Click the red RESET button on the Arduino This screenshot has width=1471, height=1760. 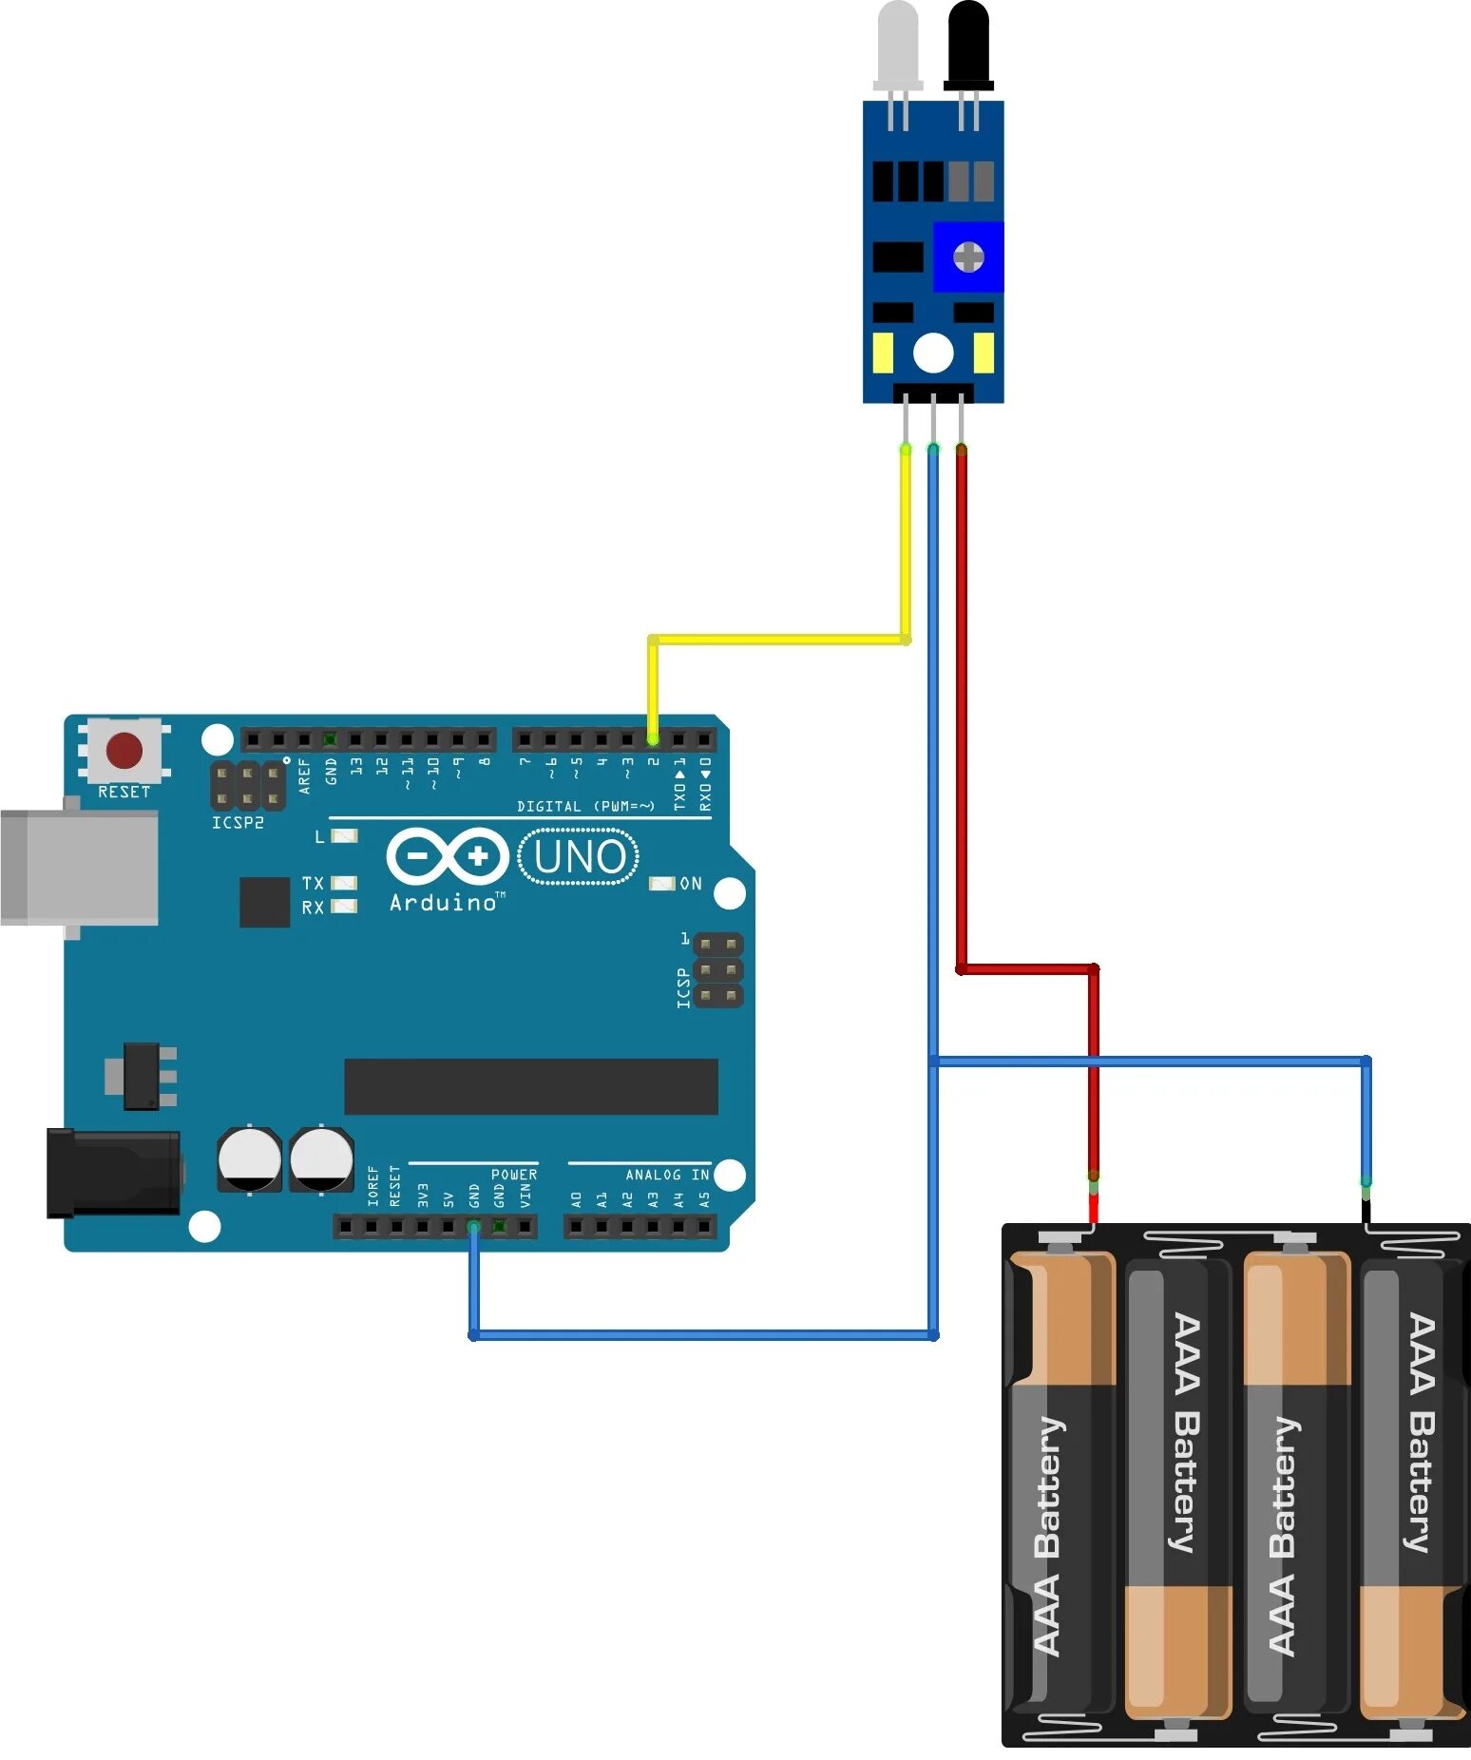124,750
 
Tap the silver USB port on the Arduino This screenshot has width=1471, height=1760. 80,867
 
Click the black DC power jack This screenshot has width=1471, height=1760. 113,1173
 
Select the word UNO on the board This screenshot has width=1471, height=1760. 580,856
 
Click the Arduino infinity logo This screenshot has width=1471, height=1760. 447,856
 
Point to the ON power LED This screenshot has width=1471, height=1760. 661,884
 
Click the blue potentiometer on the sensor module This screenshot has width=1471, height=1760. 968,257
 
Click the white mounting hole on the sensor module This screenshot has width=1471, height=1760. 933,354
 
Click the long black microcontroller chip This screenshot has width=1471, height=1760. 530,1086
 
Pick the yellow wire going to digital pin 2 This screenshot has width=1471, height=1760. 779,640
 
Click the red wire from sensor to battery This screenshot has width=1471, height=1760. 962,713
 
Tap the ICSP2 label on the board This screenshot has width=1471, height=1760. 238,823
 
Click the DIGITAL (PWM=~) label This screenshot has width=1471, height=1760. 585,807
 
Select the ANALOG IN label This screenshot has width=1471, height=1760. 667,1176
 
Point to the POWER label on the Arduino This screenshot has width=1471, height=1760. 514,1176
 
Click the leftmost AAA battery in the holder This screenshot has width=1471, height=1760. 1060,1483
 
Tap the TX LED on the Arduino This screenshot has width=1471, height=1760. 343,884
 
